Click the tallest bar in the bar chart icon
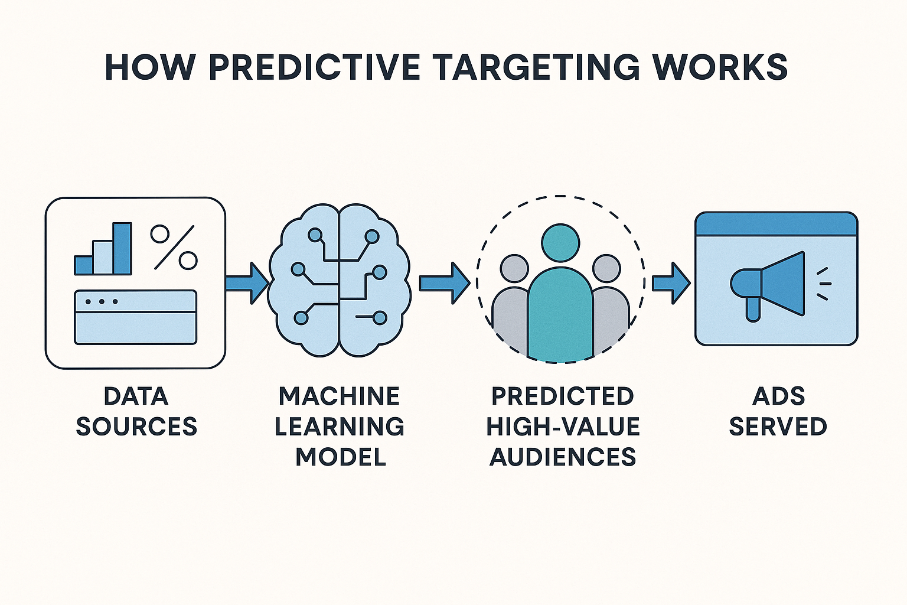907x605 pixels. pos(122,249)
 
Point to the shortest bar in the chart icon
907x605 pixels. pos(84,265)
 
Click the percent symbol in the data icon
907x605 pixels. pos(174,247)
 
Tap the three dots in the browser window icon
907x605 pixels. pos(102,301)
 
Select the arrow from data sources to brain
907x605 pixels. pos(247,283)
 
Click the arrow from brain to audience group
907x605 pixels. pos(445,283)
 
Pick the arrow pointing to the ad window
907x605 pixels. pos(671,283)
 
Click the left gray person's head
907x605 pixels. pos(514,269)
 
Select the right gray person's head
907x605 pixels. pos(606,269)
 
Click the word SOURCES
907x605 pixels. pos(136,427)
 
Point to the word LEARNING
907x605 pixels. pos(340,427)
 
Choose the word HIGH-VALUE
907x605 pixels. pos(563,427)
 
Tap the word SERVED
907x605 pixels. pos(778,427)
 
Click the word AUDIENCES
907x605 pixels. pos(563,457)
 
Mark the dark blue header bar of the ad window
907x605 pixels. pos(777,224)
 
